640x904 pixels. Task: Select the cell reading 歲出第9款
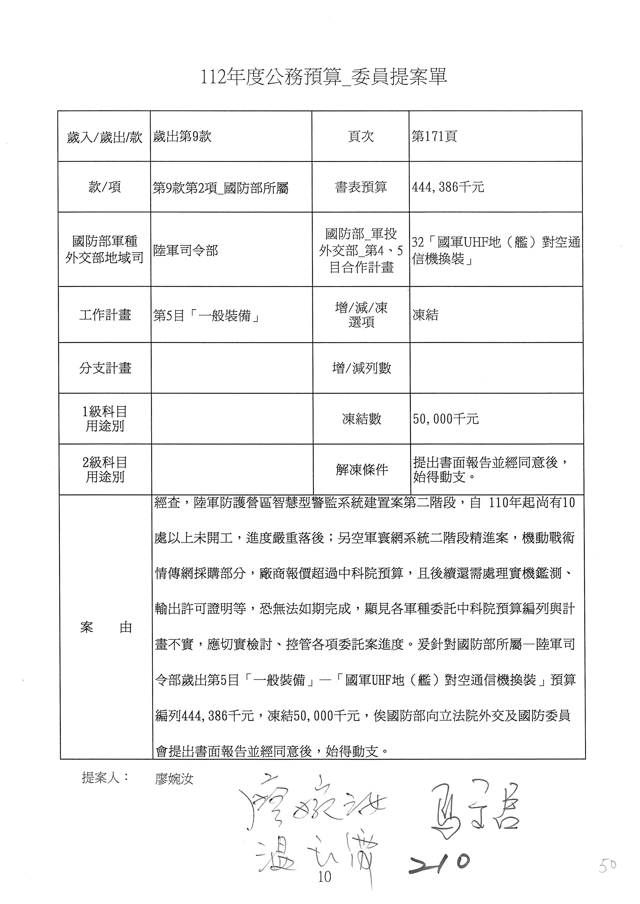coord(182,137)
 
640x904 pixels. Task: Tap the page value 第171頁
coord(434,137)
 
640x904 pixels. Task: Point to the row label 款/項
coord(104,187)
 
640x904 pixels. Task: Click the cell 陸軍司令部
coord(186,250)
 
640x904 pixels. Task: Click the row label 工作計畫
coord(105,315)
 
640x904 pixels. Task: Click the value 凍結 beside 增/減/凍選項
coord(425,315)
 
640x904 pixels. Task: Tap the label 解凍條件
coord(362,469)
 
